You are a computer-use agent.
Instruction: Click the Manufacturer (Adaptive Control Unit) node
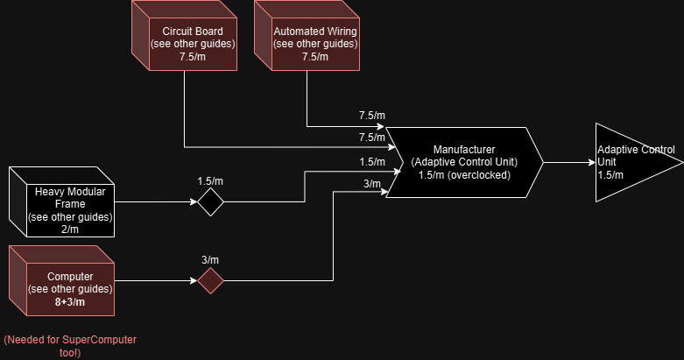click(464, 162)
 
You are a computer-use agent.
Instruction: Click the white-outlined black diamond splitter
click(210, 202)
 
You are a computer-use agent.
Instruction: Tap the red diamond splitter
click(210, 280)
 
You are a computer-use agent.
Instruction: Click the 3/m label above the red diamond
click(211, 259)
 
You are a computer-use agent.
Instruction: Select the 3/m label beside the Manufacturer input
click(371, 183)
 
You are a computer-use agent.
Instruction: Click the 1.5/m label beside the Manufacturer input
click(371, 162)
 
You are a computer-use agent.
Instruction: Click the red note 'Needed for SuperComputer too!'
click(71, 345)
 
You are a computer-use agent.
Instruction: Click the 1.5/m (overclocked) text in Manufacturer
click(464, 174)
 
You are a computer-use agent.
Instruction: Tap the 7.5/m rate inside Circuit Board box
click(186, 57)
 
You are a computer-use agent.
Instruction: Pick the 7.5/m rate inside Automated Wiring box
click(308, 57)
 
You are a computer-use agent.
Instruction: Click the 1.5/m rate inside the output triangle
click(610, 174)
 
